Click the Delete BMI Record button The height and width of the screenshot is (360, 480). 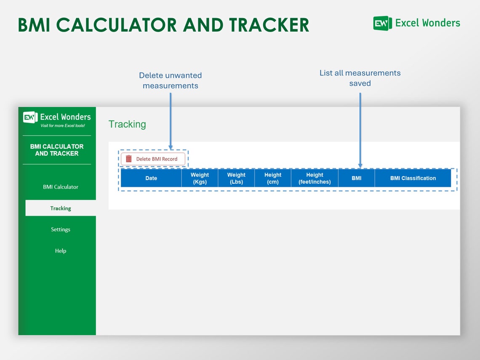pyautogui.click(x=153, y=159)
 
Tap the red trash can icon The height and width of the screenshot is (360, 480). pyautogui.click(x=128, y=159)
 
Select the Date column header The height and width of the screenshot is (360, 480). pyautogui.click(x=151, y=178)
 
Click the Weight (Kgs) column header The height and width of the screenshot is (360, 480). pyautogui.click(x=200, y=178)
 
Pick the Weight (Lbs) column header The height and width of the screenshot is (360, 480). pyautogui.click(x=236, y=178)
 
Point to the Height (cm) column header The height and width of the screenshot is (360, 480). pyautogui.click(x=273, y=178)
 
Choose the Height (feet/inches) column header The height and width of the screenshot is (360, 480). pyautogui.click(x=315, y=178)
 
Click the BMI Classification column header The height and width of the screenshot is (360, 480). pyautogui.click(x=413, y=178)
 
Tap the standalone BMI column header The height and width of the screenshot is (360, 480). pyautogui.click(x=357, y=178)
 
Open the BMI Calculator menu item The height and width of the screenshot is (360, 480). pyautogui.click(x=61, y=187)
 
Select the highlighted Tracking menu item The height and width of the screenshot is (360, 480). pyautogui.click(x=61, y=208)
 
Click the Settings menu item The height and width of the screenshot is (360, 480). pyautogui.click(x=61, y=229)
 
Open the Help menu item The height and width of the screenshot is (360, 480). pyautogui.click(x=61, y=251)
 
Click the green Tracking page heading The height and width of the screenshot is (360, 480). pyautogui.click(x=127, y=124)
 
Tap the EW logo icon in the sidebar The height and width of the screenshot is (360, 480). pyautogui.click(x=30, y=117)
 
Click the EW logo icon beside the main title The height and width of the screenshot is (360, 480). pyautogui.click(x=382, y=23)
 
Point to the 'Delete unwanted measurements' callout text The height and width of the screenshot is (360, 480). pyautogui.click(x=171, y=80)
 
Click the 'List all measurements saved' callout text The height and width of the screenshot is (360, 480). pyautogui.click(x=360, y=78)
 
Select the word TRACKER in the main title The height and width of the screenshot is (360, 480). pyautogui.click(x=269, y=25)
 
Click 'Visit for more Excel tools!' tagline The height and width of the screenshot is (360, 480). pyautogui.click(x=63, y=125)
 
